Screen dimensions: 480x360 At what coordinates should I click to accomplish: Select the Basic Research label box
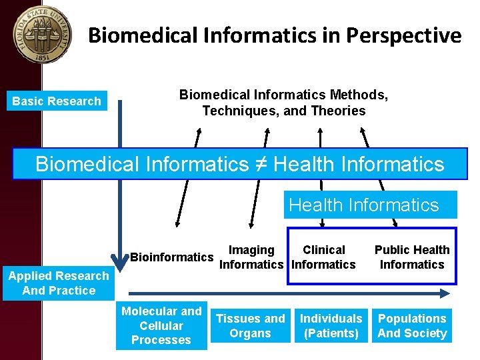tap(57, 101)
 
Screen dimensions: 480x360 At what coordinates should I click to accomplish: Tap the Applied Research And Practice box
tap(59, 283)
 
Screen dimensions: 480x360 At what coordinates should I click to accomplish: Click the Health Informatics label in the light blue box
tap(364, 205)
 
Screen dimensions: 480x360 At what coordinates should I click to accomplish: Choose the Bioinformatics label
tap(172, 257)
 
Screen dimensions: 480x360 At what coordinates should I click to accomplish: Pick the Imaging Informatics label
tap(251, 257)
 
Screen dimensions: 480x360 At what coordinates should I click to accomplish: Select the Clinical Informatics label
tap(324, 257)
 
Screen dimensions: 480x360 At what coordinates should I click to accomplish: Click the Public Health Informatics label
tap(412, 257)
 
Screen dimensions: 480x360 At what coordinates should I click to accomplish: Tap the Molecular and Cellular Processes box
tap(161, 325)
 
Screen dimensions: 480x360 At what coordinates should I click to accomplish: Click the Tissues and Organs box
tap(251, 326)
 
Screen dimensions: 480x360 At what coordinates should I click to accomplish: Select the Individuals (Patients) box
tap(331, 326)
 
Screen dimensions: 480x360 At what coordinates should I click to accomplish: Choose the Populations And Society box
tap(412, 326)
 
